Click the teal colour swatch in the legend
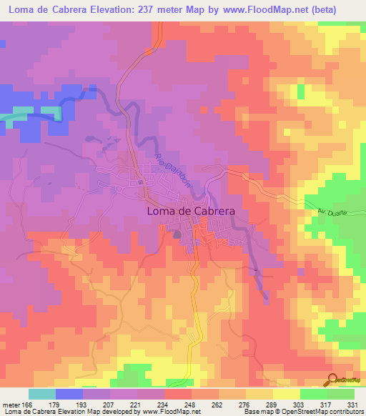pyautogui.click(x=42, y=394)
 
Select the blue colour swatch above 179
pyautogui.click(x=69, y=394)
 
